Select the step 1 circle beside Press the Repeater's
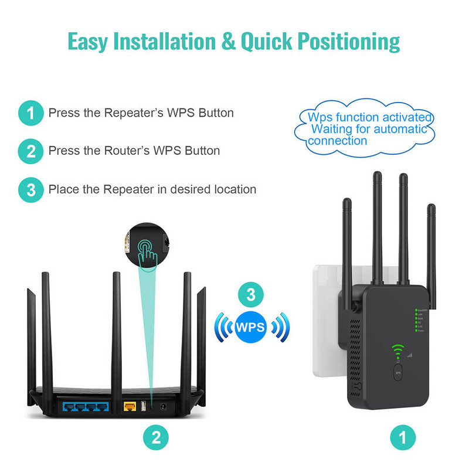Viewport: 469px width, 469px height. [30, 113]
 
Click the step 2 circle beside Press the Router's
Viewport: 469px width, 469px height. [30, 151]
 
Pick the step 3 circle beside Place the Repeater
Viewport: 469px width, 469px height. [30, 189]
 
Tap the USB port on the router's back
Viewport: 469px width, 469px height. [143, 405]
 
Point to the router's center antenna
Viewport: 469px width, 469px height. [117, 328]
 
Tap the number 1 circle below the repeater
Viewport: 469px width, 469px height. [403, 437]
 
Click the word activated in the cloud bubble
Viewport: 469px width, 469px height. [409, 117]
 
